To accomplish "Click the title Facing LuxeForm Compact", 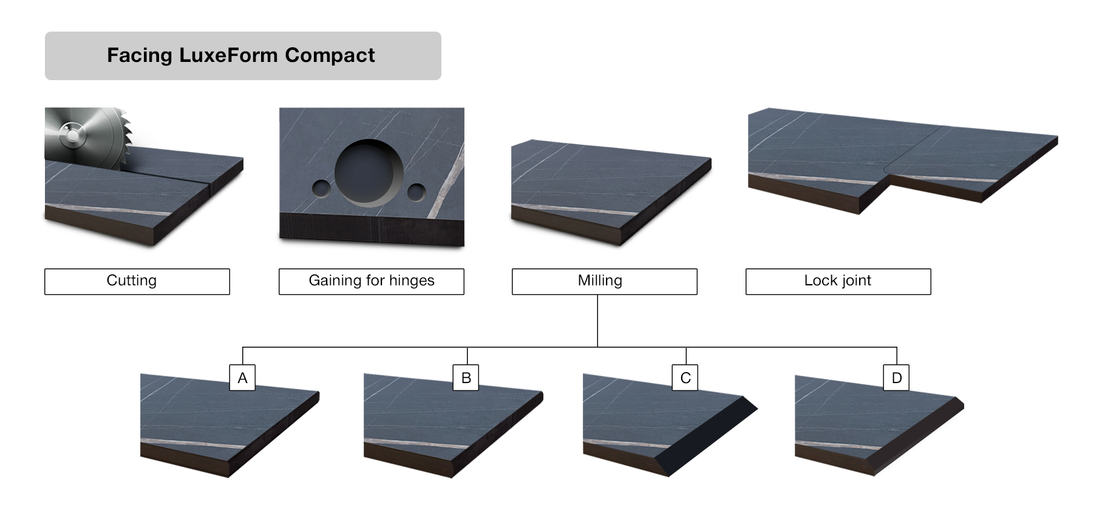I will click(241, 55).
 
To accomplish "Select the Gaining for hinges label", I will click(371, 281).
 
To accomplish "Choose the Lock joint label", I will click(838, 281).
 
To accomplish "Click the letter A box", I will click(242, 378).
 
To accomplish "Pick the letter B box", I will click(466, 378).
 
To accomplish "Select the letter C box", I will click(685, 378).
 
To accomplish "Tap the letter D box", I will click(897, 378).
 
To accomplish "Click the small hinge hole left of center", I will click(321, 189).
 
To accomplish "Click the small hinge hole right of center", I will click(416, 192).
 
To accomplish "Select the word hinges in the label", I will click(412, 281).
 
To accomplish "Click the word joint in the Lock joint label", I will click(855, 281).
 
